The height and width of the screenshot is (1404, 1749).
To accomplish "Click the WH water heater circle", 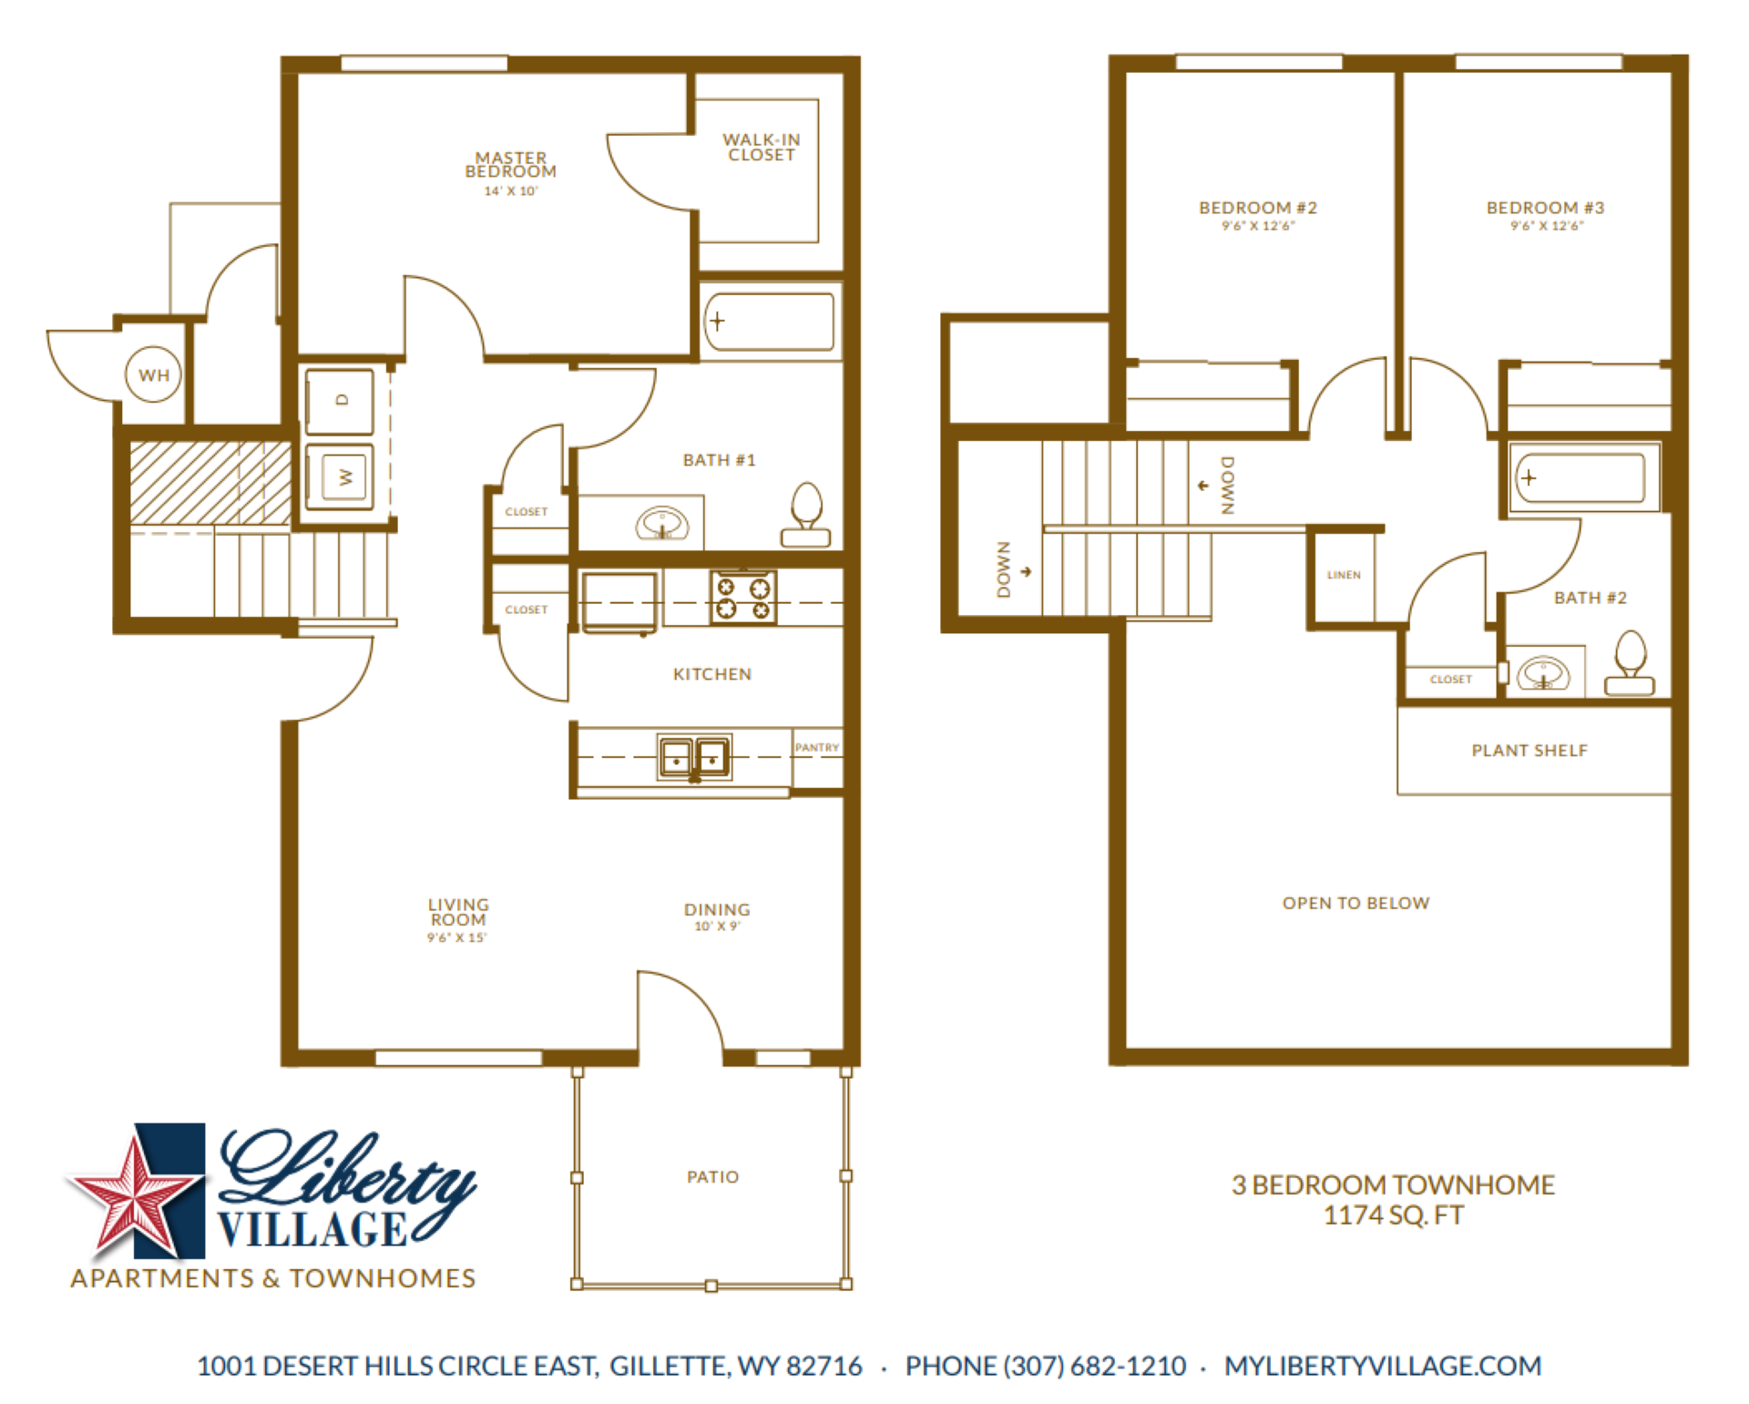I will click(x=153, y=374).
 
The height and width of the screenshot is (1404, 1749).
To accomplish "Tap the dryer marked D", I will click(x=340, y=401).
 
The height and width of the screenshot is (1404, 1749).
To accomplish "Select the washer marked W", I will click(x=340, y=476).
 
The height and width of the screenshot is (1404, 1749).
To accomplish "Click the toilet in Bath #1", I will click(x=806, y=516).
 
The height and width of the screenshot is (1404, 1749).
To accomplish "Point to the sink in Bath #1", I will click(x=661, y=524).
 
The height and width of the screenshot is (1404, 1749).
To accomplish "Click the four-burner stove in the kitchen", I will click(x=743, y=598).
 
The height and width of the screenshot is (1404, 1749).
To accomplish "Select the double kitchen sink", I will click(x=694, y=757).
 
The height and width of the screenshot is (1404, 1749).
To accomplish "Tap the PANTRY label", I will click(x=816, y=747).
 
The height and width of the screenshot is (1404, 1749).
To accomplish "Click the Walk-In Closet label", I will click(x=762, y=148).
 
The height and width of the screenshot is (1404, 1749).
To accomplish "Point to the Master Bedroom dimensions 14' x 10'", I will click(x=510, y=191).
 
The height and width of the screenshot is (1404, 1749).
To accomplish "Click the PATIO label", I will click(x=712, y=1176).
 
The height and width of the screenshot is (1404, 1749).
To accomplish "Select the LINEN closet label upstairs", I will click(x=1344, y=575).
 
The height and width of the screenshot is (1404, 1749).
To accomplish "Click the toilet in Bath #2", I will click(x=1630, y=664).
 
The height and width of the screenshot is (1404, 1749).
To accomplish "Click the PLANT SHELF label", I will click(x=1529, y=750).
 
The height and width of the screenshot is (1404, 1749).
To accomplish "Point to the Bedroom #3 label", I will click(x=1545, y=208).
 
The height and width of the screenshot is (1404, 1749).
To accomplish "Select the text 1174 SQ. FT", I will click(x=1393, y=1215).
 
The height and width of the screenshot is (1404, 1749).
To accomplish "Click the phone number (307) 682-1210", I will click(x=1094, y=1366).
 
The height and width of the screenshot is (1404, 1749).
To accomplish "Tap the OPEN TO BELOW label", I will click(x=1355, y=903).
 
